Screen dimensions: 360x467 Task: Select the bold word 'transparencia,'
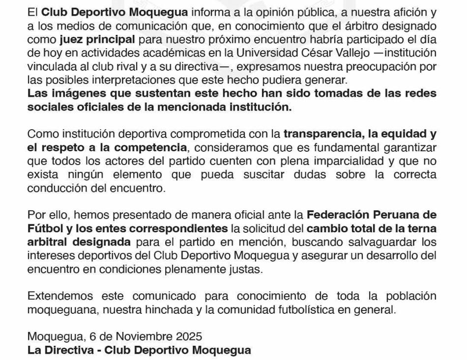click(324, 133)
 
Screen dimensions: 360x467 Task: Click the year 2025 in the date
click(187, 337)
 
